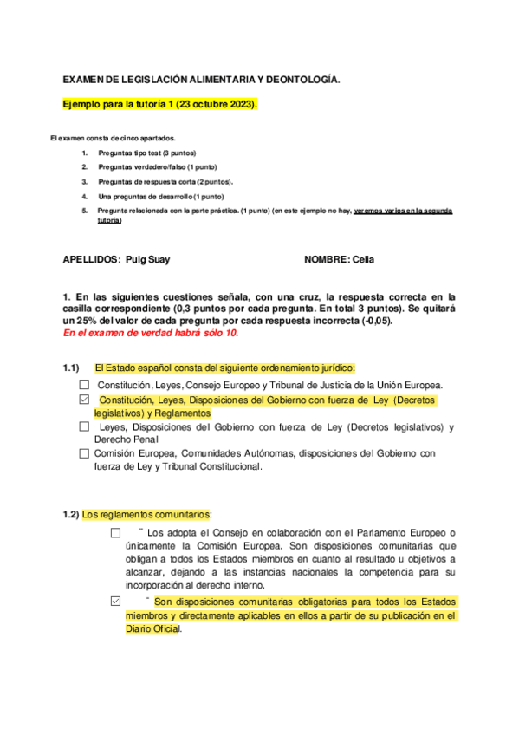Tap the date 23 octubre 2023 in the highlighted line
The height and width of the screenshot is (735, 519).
point(216,105)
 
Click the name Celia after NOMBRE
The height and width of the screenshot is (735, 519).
point(362,259)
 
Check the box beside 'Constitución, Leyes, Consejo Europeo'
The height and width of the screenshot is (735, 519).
point(84,385)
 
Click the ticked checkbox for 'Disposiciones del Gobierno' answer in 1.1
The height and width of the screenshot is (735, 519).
point(84,400)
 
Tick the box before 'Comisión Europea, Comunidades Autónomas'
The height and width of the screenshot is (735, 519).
point(84,453)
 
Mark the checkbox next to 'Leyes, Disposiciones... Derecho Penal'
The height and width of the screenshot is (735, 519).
point(84,426)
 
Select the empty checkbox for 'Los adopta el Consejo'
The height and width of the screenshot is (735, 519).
point(115,533)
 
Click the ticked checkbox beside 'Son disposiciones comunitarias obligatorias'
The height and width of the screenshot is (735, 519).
point(115,602)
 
